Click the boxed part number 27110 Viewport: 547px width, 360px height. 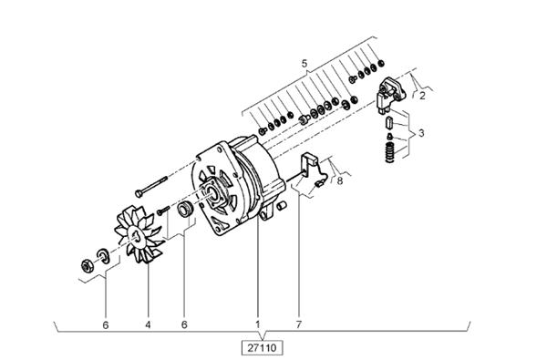[x=262, y=347]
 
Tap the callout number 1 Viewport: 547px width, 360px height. [x=258, y=324]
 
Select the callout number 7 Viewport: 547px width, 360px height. [x=299, y=324]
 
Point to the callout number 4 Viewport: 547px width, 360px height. [x=148, y=324]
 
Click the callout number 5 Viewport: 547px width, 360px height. [x=304, y=64]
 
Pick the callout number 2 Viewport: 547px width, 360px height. [x=422, y=96]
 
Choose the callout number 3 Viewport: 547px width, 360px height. [x=421, y=133]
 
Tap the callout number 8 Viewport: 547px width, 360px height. [x=340, y=180]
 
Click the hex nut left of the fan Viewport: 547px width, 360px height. [x=87, y=266]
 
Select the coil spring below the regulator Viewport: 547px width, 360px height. [x=390, y=152]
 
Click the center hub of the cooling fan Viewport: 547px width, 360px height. [x=137, y=236]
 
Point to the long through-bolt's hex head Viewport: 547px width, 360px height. [x=139, y=192]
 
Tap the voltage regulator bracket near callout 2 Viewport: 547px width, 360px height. [x=391, y=93]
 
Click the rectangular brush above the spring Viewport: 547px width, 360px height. [x=389, y=123]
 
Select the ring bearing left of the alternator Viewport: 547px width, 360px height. [x=184, y=209]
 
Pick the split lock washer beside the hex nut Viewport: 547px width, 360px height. [x=103, y=255]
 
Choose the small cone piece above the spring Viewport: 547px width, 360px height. [x=390, y=137]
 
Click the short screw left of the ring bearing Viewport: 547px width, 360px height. [x=163, y=211]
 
